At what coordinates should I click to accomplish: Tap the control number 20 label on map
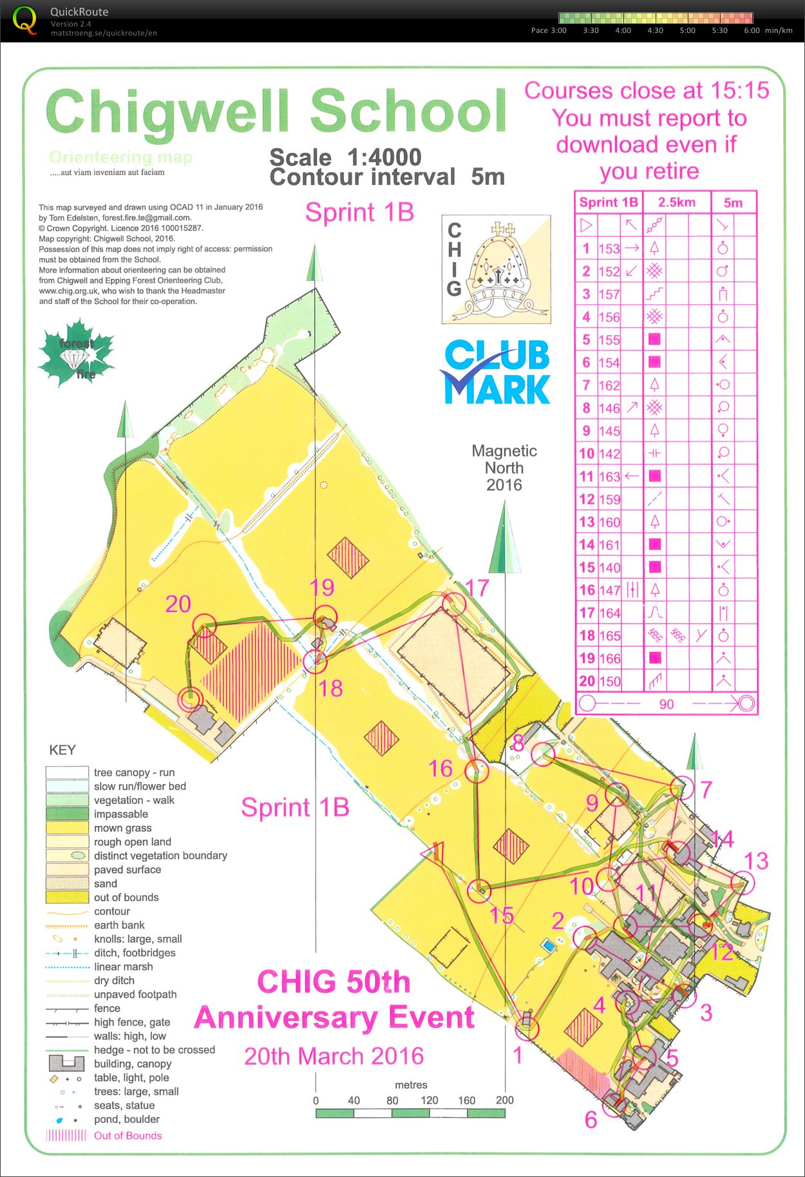(178, 604)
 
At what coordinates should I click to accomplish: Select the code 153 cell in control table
(609, 249)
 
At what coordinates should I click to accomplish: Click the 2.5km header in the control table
(676, 202)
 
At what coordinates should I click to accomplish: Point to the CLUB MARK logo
(496, 372)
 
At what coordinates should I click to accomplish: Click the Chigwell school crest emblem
(496, 269)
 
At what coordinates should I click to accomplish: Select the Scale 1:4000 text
(345, 157)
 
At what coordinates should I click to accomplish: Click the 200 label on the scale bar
(504, 1100)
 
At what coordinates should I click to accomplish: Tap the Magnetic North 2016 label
(504, 468)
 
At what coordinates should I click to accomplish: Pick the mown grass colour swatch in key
(66, 828)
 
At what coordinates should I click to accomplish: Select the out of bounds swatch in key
(66, 897)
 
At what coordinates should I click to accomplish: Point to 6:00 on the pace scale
(752, 30)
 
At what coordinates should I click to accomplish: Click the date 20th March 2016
(334, 1056)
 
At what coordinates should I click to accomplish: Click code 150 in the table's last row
(609, 681)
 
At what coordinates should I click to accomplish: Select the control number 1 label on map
(517, 1055)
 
